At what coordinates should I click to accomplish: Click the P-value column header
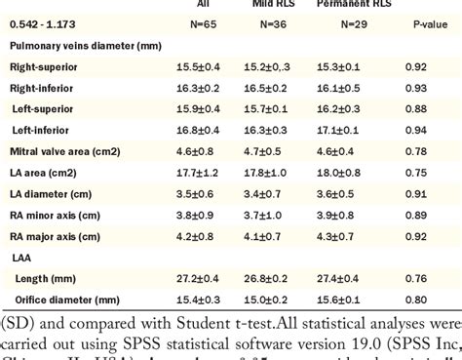tap(421, 23)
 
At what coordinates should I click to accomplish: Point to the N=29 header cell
tap(344, 23)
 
